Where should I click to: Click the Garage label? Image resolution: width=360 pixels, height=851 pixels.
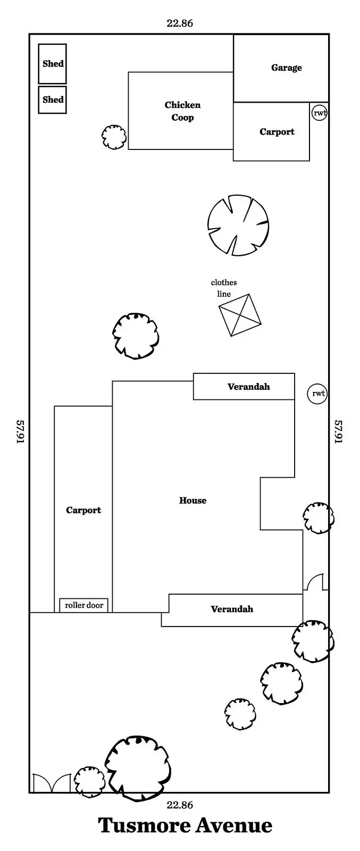286,68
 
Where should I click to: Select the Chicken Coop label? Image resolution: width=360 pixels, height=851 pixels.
182,111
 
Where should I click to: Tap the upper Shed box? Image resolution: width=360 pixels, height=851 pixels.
53,64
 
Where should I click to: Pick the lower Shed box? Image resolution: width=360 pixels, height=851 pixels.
53,99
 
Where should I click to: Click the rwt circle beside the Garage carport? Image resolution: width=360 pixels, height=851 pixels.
319,112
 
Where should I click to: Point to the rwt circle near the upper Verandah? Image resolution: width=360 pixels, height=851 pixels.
317,394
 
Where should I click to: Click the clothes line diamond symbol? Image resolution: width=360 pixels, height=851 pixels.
240,315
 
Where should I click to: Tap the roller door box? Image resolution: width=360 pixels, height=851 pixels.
84,605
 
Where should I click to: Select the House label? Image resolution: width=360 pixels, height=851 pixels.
192,500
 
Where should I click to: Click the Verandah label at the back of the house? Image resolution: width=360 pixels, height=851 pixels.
248,387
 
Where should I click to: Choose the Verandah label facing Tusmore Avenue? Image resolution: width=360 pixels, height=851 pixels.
232,609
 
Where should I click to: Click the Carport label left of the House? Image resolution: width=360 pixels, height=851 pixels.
83,510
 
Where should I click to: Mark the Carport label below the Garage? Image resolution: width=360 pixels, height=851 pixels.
277,132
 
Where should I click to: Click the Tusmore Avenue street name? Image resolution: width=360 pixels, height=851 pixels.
185,825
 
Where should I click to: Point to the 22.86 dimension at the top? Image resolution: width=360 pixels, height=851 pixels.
180,23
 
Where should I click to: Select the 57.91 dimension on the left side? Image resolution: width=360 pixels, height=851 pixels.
21,431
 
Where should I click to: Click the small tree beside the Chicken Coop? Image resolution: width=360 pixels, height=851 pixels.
114,137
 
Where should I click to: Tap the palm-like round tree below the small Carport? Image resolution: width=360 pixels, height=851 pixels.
238,225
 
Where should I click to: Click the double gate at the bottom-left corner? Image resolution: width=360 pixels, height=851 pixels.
52,783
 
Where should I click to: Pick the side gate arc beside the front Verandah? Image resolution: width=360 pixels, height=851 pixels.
315,582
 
